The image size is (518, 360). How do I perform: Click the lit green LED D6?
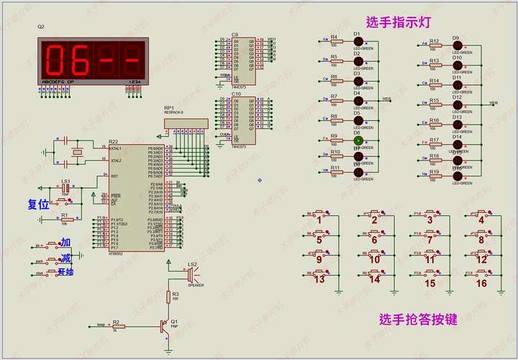pos(358,141)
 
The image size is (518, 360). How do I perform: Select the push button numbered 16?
pos(482,274)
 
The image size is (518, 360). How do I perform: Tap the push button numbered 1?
pos(320,214)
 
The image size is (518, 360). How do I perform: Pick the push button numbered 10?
pos(374,254)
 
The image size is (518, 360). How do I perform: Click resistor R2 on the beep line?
pos(119,326)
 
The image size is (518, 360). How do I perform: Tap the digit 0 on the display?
pos(58,58)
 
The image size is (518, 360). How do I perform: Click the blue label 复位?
pos(37,204)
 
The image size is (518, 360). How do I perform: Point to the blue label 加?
pos(65,242)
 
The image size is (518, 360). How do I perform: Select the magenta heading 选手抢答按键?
pos(418,320)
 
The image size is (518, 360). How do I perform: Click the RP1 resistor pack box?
pos(184,124)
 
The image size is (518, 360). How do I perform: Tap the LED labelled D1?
pos(358,42)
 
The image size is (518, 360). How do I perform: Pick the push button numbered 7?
pos(429,234)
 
